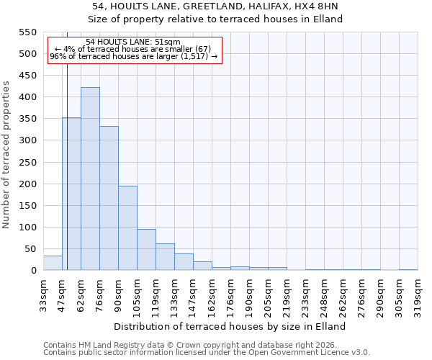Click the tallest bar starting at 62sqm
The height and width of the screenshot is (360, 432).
coord(90,179)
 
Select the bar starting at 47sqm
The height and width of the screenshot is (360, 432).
coord(71,194)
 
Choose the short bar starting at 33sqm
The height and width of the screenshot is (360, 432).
coord(53,264)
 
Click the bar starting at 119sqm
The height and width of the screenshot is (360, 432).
coord(165,257)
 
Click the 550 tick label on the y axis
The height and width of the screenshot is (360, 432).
coord(27,32)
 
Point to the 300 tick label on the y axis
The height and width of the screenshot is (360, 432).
coord(27,140)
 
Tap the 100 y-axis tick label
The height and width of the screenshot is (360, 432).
coord(27,228)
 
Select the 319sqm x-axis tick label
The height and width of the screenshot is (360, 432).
coord(418,293)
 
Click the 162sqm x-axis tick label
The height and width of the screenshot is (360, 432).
coord(212,293)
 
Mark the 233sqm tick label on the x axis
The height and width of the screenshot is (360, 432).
coord(306,293)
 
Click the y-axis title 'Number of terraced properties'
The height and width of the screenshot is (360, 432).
coord(6,155)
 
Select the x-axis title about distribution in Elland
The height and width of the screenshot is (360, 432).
coord(230,326)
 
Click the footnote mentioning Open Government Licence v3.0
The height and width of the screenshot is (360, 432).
coord(207,353)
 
